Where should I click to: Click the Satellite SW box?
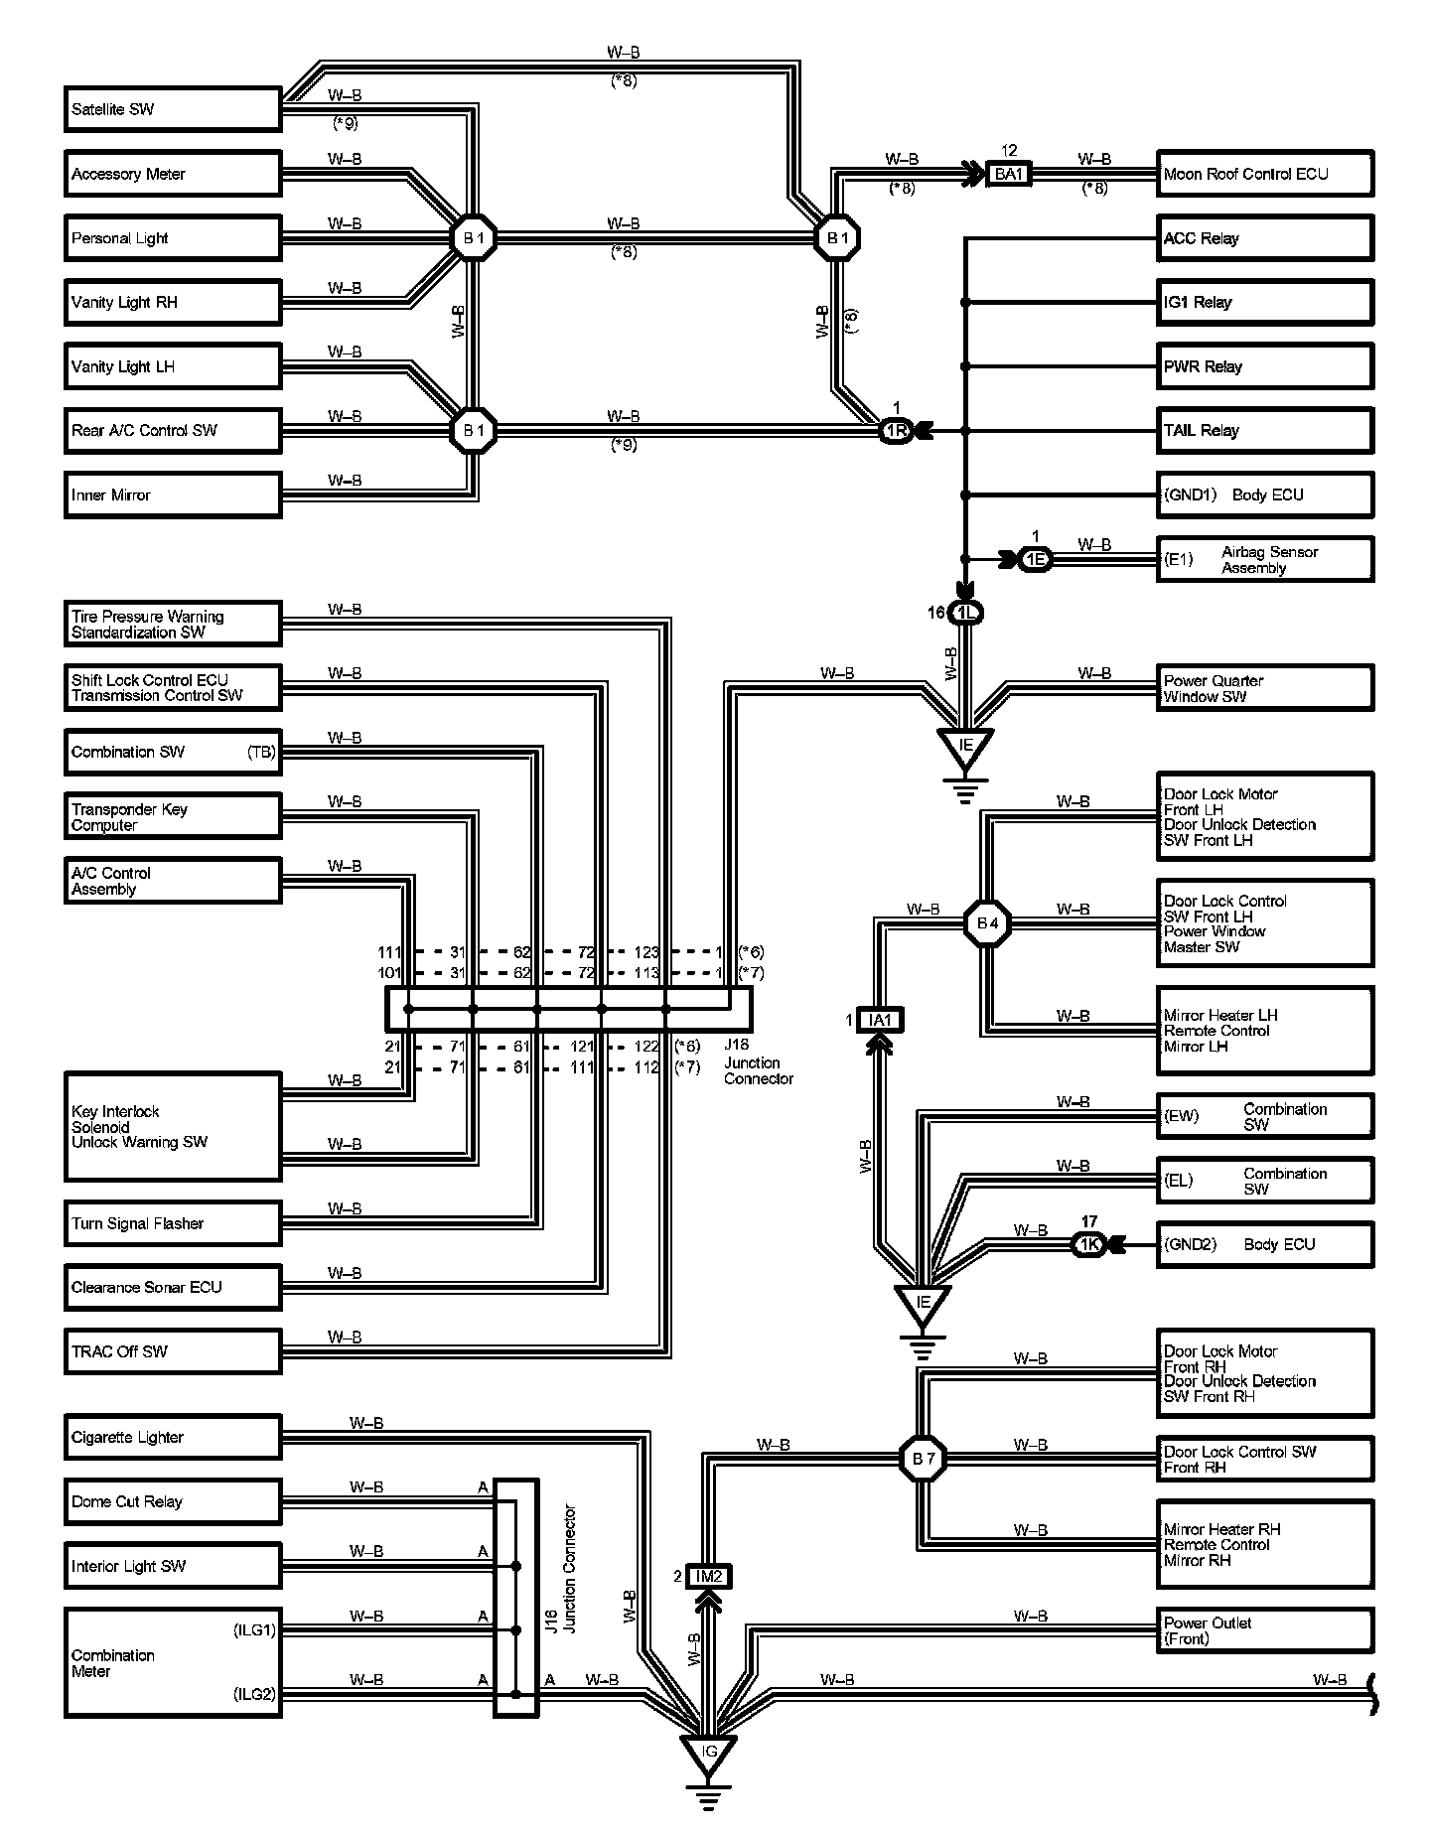(x=173, y=109)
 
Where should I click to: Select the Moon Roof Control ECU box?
(x=1265, y=174)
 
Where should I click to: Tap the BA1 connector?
(x=1009, y=174)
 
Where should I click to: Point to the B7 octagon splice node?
(x=924, y=1459)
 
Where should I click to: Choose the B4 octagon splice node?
(x=987, y=923)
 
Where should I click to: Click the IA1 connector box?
(x=880, y=1020)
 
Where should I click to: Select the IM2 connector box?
(x=709, y=1576)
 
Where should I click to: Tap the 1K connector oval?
(x=1089, y=1244)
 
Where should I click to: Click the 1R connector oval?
(x=896, y=431)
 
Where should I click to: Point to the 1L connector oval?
(x=966, y=613)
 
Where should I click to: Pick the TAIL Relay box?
(x=1265, y=431)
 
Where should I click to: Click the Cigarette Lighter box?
(x=173, y=1437)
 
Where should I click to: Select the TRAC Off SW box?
(x=173, y=1351)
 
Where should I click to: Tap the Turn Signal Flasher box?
(x=173, y=1223)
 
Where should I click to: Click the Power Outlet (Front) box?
(x=1265, y=1630)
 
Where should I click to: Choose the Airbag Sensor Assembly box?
(x=1265, y=560)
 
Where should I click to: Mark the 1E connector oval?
(x=1036, y=560)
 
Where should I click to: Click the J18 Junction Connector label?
(x=758, y=1062)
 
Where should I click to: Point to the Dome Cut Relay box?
(x=173, y=1501)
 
